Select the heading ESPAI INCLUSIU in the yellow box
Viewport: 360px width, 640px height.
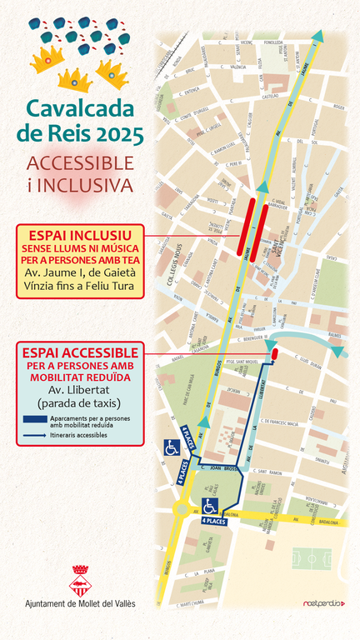point(80,233)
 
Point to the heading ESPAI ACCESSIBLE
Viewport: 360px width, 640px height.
point(81,352)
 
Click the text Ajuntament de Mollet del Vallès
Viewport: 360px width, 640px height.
point(80,603)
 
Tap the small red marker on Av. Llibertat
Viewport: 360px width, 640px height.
point(274,354)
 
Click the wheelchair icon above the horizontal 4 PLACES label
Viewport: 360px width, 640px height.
point(210,506)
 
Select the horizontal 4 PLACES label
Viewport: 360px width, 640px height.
point(213,520)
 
